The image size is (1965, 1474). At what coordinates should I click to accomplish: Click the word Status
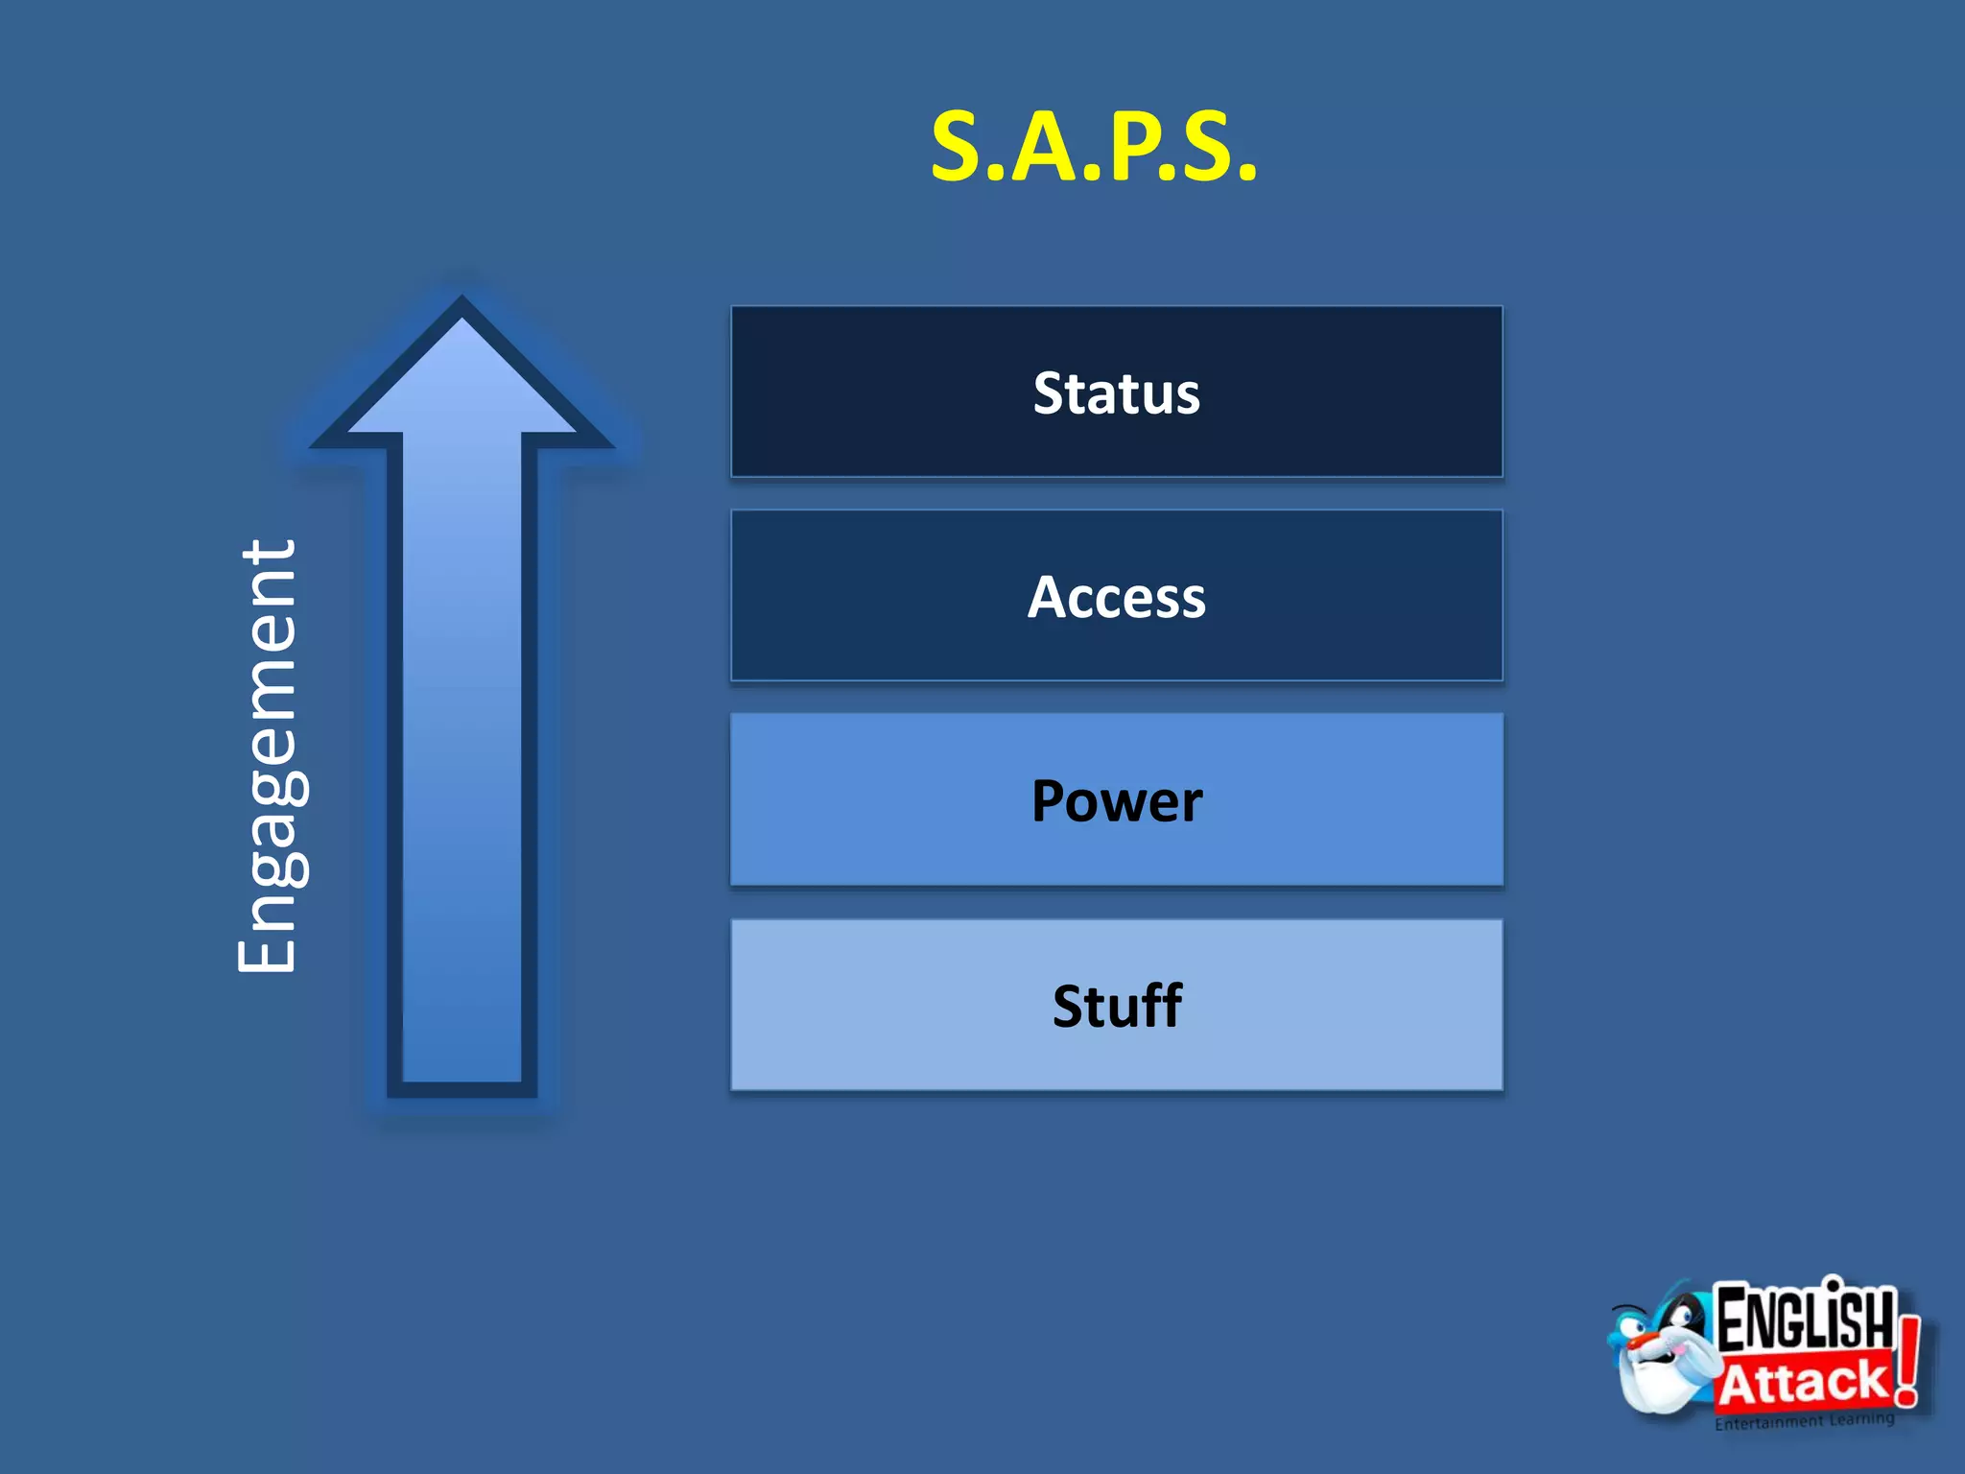pos(1116,393)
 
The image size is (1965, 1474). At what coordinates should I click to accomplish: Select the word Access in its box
pos(1116,597)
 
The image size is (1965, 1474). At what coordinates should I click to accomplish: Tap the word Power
pos(1116,801)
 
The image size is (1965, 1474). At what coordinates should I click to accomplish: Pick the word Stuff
pos(1116,1006)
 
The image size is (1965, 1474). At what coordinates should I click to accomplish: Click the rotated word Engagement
pos(268,756)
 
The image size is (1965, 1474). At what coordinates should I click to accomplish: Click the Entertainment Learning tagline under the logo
pos(1804,1421)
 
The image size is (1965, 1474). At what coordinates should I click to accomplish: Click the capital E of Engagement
pos(268,944)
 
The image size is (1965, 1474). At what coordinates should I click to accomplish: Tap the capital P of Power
pos(1052,801)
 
